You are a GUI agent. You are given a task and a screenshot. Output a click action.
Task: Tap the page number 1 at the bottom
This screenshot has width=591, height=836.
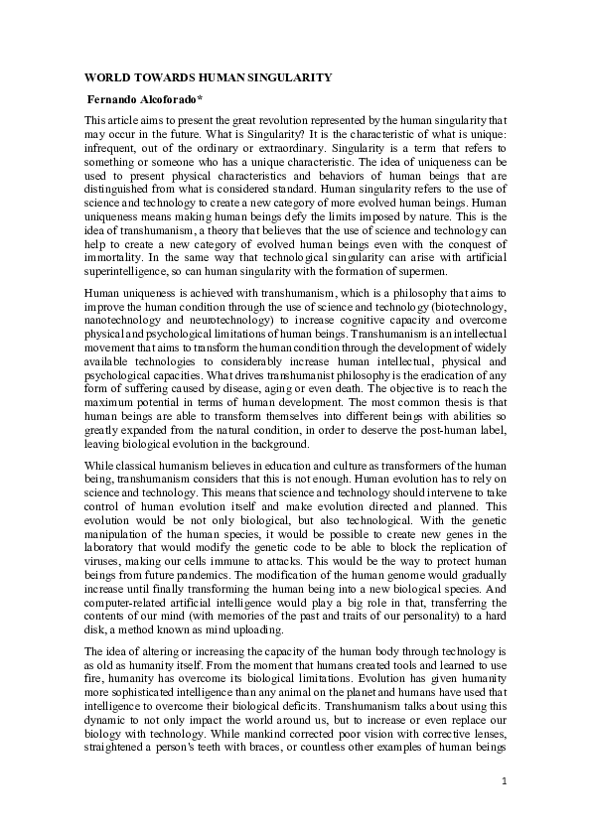point(504,780)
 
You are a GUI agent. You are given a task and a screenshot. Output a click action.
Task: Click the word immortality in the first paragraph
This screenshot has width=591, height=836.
point(115,257)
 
